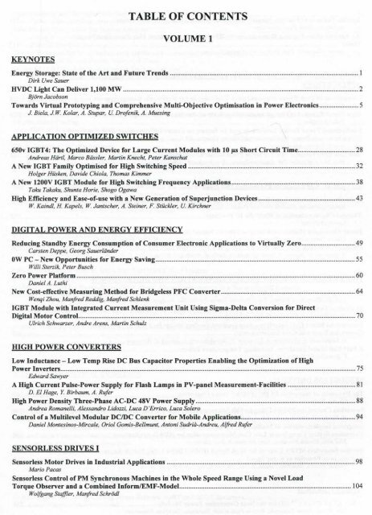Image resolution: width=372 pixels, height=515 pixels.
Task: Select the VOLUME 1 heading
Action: pyautogui.click(x=186, y=37)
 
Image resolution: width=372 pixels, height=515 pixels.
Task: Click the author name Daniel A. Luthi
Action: pyautogui.click(x=45, y=283)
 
